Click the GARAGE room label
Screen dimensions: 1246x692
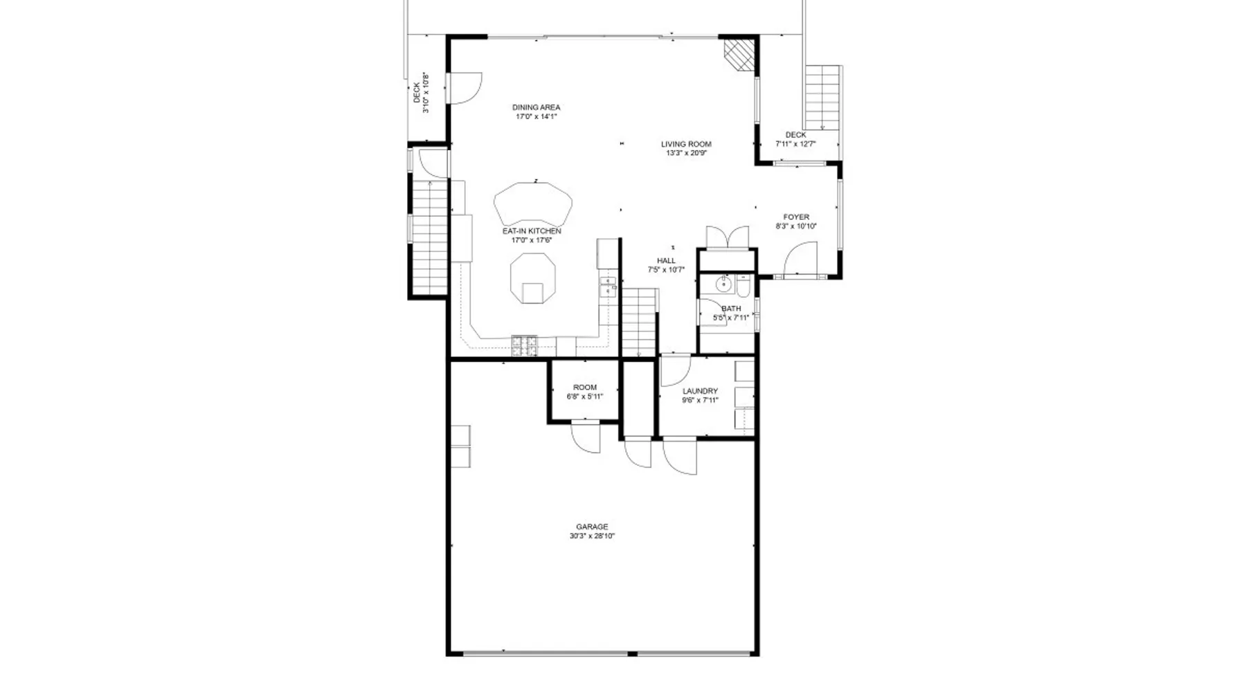(x=592, y=527)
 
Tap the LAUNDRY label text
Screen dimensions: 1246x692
(x=700, y=391)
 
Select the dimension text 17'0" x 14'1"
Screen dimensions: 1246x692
(x=536, y=117)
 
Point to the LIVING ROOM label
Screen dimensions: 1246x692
(x=686, y=145)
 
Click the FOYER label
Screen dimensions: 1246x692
(x=796, y=217)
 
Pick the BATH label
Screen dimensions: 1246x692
(x=731, y=309)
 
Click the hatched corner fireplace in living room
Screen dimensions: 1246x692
(x=738, y=53)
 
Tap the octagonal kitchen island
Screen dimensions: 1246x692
(x=532, y=277)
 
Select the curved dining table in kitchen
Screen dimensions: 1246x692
(x=533, y=204)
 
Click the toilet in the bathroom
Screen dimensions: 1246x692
(x=743, y=285)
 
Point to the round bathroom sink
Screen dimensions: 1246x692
(x=723, y=284)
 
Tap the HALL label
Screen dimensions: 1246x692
(x=667, y=261)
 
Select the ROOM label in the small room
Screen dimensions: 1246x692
(x=585, y=388)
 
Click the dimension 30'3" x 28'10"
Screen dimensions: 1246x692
(x=593, y=536)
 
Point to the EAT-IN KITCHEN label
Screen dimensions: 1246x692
(x=532, y=231)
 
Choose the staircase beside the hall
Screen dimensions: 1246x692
(x=638, y=322)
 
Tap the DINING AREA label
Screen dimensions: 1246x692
(x=536, y=107)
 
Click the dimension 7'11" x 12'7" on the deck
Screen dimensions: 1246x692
(x=796, y=145)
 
